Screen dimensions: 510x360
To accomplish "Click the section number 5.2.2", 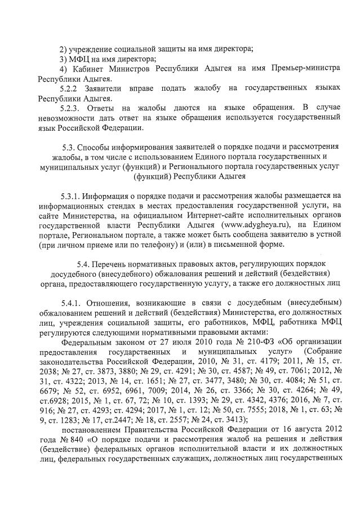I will coord(69,88).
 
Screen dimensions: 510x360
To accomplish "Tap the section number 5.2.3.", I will coord(71,108).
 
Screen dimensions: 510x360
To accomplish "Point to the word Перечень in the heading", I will coord(111,264).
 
